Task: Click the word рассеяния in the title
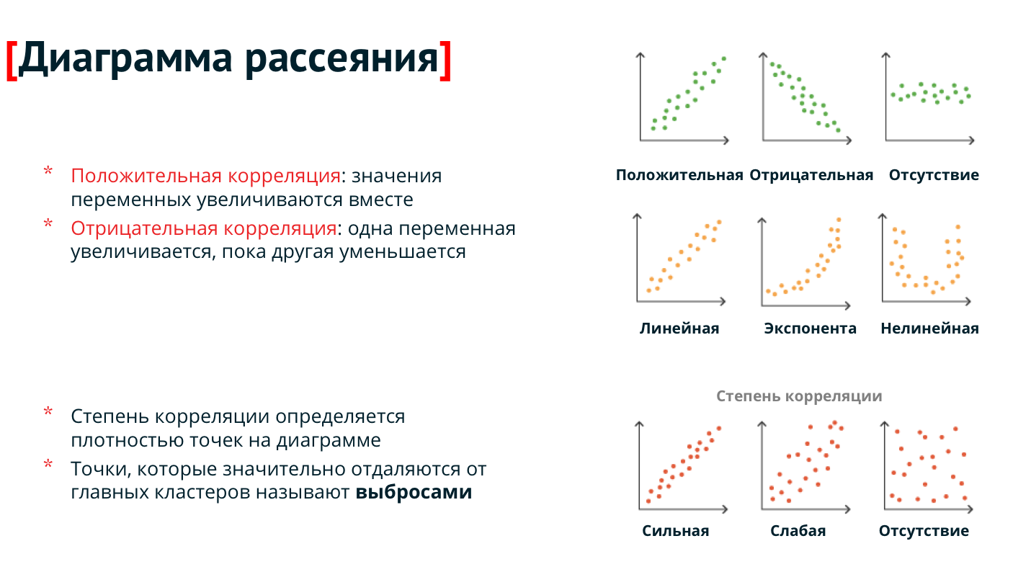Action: pos(342,60)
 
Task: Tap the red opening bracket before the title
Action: pos(12,61)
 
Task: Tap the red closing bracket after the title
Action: pos(445,61)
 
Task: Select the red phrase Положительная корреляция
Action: pos(206,176)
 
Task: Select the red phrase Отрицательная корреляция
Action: pos(203,228)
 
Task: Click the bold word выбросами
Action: pos(414,493)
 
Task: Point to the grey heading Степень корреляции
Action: pos(799,396)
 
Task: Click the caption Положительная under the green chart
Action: pos(679,175)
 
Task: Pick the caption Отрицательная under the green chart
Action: pos(811,175)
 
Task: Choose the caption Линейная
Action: pos(679,328)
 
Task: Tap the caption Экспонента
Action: pos(810,328)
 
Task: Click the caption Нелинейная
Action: pos(929,328)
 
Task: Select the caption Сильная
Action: pos(675,531)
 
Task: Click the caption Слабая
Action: pos(798,531)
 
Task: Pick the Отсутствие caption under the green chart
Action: pos(934,175)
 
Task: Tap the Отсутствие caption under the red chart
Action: pos(924,531)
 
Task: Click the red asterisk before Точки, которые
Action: pos(48,465)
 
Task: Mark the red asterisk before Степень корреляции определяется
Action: pos(48,412)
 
